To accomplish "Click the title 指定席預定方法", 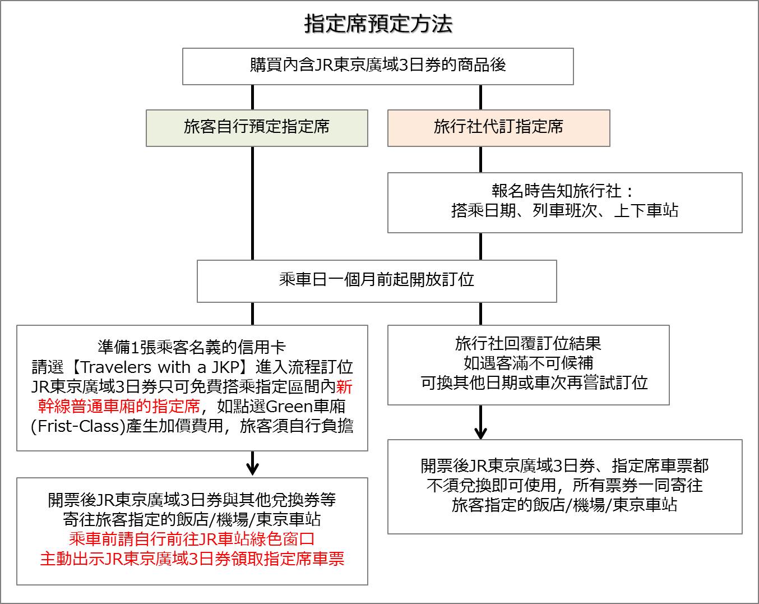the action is [378, 24].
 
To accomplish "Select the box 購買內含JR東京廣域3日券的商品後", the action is [378, 66].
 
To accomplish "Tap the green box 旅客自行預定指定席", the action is [257, 128].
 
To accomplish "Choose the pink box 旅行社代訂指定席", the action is [499, 128].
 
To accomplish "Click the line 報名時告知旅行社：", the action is [563, 191].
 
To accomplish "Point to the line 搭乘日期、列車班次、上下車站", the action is [564, 210].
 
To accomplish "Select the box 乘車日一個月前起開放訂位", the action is [377, 281].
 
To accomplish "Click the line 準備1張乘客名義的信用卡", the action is [192, 347].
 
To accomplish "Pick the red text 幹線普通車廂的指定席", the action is [119, 406].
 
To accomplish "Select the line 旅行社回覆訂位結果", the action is [528, 343].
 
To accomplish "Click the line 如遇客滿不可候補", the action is [528, 363].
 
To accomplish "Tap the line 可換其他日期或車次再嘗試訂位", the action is [534, 382].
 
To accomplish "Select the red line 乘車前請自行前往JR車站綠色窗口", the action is [192, 539].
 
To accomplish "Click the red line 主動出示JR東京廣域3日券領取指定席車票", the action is [192, 559].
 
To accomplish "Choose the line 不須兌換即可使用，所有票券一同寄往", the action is [564, 485].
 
